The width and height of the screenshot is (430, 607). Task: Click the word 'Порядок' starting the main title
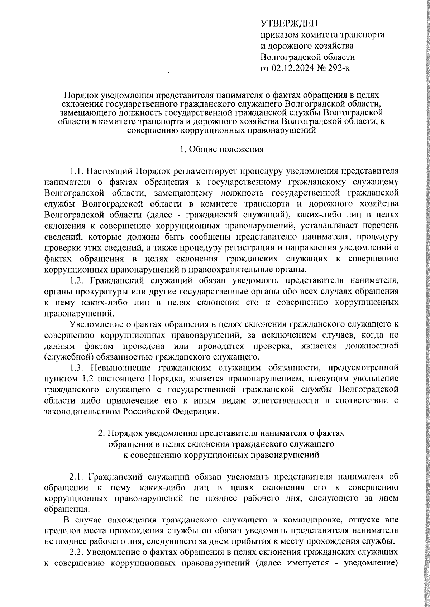point(80,96)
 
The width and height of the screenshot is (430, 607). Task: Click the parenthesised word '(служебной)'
point(64,357)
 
